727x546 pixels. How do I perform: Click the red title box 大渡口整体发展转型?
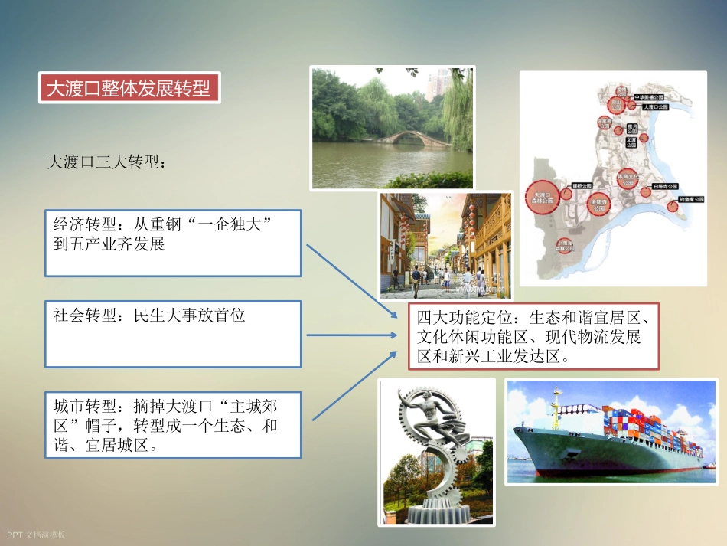pyautogui.click(x=129, y=88)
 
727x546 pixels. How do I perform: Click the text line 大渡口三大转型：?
pyautogui.click(x=106, y=162)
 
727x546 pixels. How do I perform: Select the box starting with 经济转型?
pyautogui.click(x=173, y=243)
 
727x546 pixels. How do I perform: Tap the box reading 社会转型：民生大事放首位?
pyautogui.click(x=173, y=334)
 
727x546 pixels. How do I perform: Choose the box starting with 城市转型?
pyautogui.click(x=173, y=425)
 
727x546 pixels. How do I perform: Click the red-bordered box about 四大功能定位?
pyautogui.click(x=533, y=338)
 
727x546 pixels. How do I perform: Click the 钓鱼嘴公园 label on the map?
pyautogui.click(x=690, y=200)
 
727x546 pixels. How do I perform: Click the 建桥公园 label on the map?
pyautogui.click(x=582, y=185)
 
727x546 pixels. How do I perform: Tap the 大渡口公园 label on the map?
pyautogui.click(x=655, y=108)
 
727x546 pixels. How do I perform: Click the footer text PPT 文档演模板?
pyautogui.click(x=36, y=535)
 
